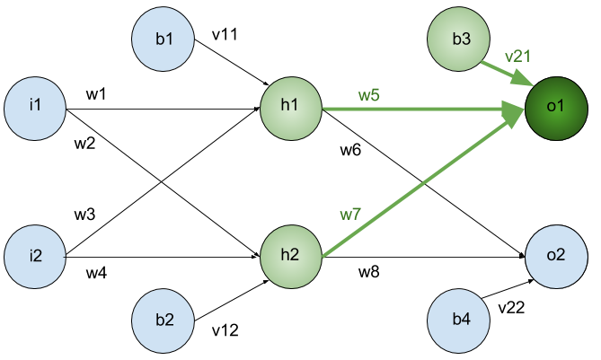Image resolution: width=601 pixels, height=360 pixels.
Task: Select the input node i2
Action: (35, 256)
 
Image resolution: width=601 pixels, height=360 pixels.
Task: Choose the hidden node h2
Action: (290, 256)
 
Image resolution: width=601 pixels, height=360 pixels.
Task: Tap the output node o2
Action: (555, 256)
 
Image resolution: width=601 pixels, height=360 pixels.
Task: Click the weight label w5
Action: (369, 94)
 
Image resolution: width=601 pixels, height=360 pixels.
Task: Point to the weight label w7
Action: (349, 215)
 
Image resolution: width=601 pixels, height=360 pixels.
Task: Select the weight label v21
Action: (517, 56)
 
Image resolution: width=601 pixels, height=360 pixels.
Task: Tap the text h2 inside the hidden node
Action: (290, 256)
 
